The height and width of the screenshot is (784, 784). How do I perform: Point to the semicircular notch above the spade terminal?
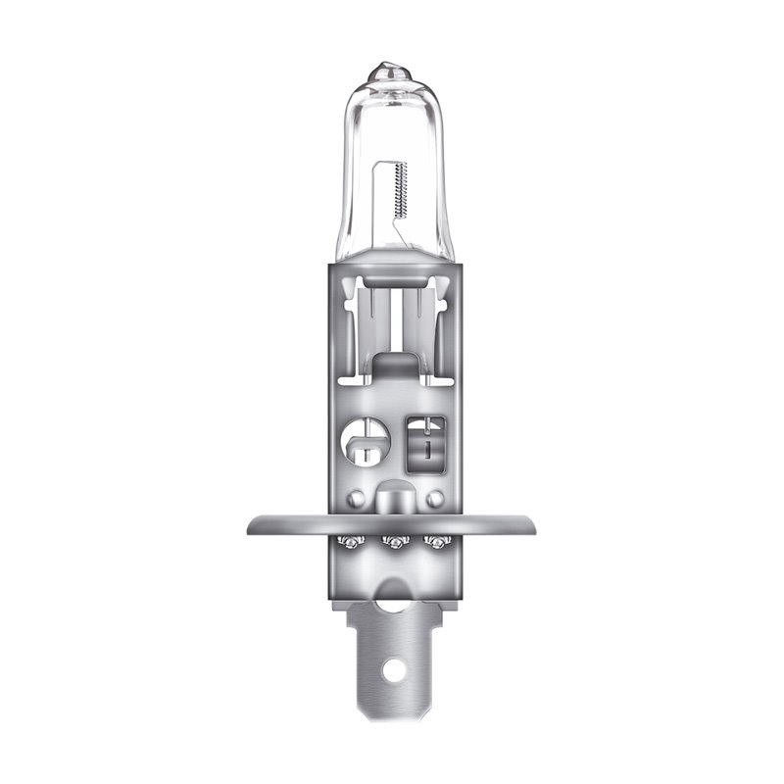(x=392, y=600)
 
